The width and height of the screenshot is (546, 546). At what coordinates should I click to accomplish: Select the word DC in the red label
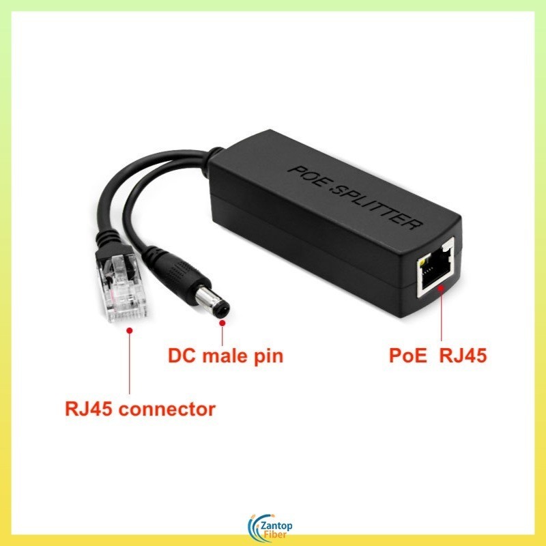[182, 356]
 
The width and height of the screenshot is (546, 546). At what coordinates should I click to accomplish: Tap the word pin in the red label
[268, 356]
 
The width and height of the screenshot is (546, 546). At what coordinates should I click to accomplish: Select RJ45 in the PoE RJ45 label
[463, 356]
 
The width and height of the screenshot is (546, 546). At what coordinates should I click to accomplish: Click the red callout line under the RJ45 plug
[129, 362]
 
